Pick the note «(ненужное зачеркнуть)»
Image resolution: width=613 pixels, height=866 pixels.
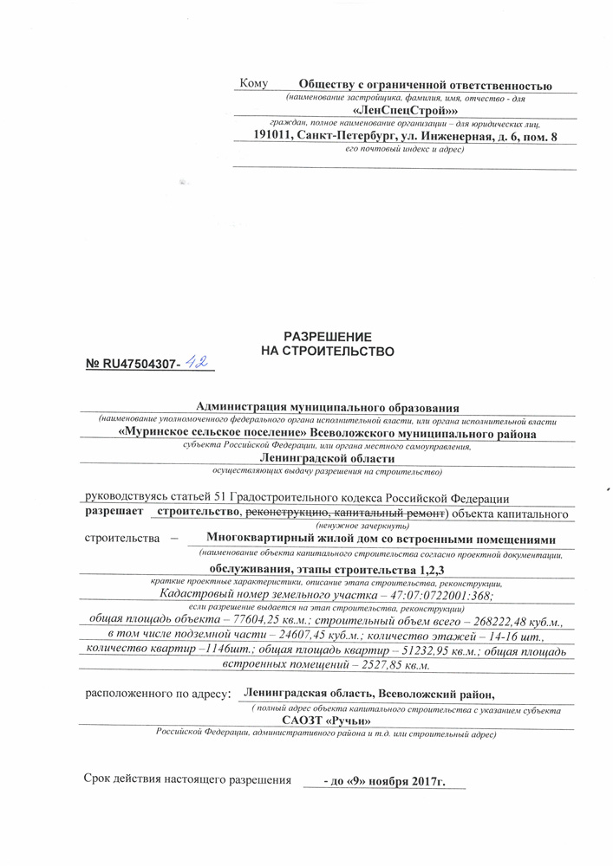point(356,527)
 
